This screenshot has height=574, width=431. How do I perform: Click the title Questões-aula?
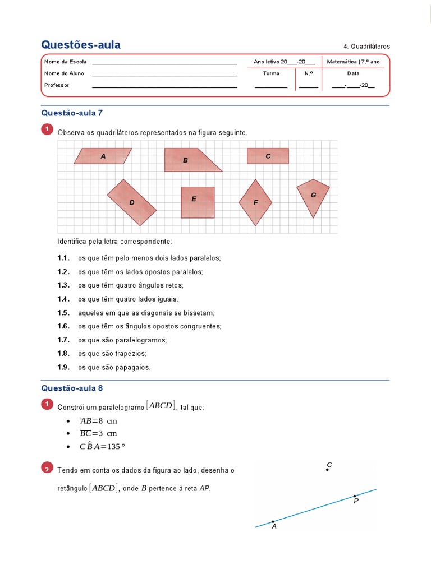point(81,45)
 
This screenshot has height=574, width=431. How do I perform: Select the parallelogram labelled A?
point(103,156)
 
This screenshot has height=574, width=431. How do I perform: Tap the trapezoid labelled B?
point(188,160)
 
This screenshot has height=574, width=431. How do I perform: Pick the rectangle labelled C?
point(268,156)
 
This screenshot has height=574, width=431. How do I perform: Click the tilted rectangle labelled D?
point(132,202)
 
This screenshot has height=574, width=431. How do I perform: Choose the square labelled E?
point(197,202)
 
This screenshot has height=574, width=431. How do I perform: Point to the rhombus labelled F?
point(255,202)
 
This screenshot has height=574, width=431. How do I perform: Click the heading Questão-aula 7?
point(72,113)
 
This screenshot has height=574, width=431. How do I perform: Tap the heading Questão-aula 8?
point(72,388)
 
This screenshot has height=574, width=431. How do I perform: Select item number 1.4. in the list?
point(63,299)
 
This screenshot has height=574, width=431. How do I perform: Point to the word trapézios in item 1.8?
point(131,354)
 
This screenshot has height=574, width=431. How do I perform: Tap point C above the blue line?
point(327,470)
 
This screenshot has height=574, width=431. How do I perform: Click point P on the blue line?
point(354,496)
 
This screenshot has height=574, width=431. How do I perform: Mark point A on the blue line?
point(273,521)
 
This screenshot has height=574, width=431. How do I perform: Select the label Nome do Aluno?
point(64,73)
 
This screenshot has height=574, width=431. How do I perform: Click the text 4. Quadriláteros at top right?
point(366,47)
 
